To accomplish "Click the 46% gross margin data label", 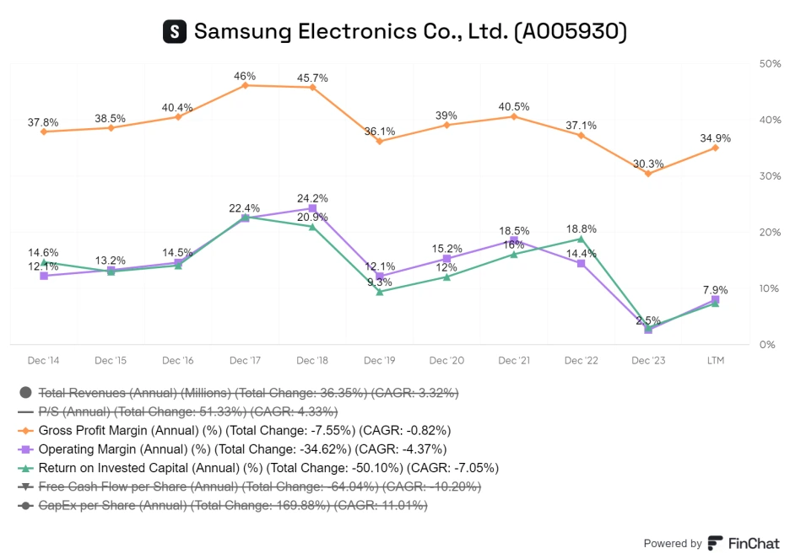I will click(x=245, y=76).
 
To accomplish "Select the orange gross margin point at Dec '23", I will click(x=648, y=173).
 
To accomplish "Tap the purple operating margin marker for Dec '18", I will click(x=312, y=208).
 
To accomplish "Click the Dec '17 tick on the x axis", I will click(x=245, y=361).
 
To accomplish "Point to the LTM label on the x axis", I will click(x=715, y=361).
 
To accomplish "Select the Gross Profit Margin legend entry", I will click(x=245, y=429).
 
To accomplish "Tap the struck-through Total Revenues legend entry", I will click(x=250, y=392).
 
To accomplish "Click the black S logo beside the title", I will click(x=174, y=32).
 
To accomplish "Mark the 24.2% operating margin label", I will click(x=312, y=198).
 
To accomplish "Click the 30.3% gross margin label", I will click(x=648, y=164).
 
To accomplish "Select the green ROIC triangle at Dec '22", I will click(x=581, y=239).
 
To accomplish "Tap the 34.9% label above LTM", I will click(x=715, y=137).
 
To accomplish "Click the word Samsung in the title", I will click(x=240, y=32).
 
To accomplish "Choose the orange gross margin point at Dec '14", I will click(x=43, y=132).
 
